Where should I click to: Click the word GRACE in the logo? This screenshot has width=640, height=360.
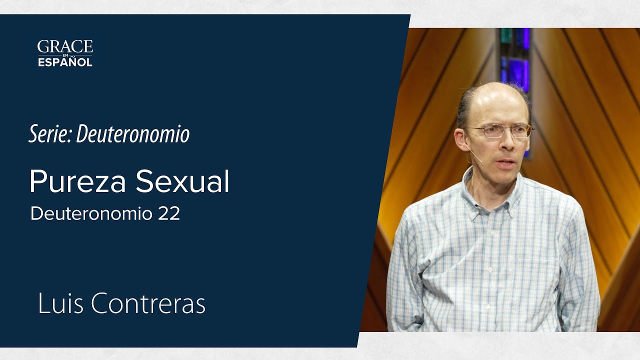click(65, 47)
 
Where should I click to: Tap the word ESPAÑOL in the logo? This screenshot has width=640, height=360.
click(65, 63)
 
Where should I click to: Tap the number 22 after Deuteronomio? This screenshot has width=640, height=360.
click(169, 213)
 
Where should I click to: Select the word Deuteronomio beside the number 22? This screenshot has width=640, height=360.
click(91, 213)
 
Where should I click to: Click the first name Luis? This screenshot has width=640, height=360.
click(59, 304)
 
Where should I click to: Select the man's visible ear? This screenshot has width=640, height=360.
click(461, 140)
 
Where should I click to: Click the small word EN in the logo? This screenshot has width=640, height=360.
click(65, 55)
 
